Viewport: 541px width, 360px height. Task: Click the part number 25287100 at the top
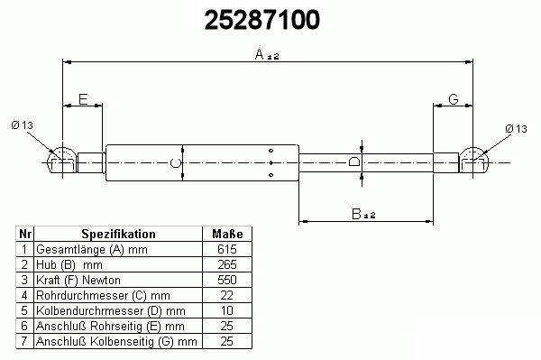point(262,20)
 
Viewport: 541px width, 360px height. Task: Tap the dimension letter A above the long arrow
point(260,54)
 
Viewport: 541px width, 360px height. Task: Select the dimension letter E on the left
point(83,99)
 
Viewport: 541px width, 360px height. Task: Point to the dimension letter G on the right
point(454,99)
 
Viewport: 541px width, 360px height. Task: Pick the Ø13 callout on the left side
point(22,125)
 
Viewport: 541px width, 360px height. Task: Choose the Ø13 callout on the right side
point(516,129)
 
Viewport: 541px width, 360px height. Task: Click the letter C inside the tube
point(176,162)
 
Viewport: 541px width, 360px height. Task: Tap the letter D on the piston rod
point(354,162)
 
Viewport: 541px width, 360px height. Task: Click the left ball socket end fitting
point(62,161)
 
